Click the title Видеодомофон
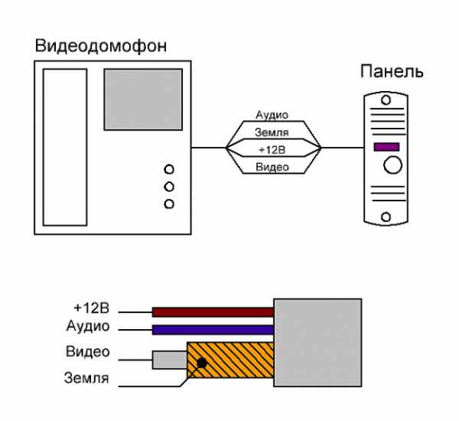coord(101,47)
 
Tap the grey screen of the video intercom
coord(143,99)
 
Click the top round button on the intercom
coord(169,169)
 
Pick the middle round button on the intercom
coord(169,186)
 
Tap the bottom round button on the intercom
coord(169,204)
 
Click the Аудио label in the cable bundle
coord(272,115)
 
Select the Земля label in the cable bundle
coord(272,132)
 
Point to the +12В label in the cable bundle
coord(272,148)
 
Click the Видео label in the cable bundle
coord(272,166)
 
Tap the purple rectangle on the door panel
coord(386,146)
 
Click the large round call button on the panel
coord(393,164)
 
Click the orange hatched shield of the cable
coord(237,361)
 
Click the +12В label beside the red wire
coord(93,308)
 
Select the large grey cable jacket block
coord(317,341)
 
